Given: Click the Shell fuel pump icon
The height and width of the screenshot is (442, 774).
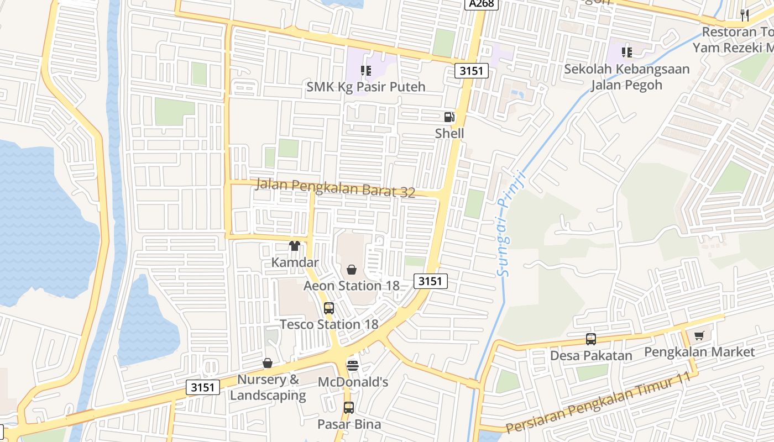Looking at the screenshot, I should (x=449, y=117).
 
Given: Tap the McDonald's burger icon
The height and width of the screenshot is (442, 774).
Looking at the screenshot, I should (x=353, y=365).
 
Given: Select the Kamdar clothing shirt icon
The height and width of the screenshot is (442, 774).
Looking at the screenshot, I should (x=295, y=246).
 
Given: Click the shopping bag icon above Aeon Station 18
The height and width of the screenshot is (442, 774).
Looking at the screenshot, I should (x=351, y=270).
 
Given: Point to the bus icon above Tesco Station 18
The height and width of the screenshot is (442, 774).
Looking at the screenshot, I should (x=329, y=308).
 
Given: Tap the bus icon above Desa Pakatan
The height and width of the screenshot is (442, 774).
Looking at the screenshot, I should (x=590, y=339).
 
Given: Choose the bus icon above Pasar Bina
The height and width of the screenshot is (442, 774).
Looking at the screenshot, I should (x=349, y=408).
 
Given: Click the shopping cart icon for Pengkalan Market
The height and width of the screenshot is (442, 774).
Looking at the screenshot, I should (x=699, y=335).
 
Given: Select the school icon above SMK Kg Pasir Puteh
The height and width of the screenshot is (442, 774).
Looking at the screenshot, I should (x=365, y=70).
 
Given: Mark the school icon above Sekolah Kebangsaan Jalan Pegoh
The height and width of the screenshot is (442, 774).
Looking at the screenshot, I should (x=626, y=52).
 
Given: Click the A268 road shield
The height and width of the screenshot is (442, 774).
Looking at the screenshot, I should (x=482, y=4).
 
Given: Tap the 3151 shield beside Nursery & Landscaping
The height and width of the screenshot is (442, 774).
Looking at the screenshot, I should (x=202, y=387).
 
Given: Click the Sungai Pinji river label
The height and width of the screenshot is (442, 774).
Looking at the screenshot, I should (x=509, y=223).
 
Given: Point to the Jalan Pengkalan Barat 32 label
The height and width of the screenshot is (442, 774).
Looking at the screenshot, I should (x=335, y=188).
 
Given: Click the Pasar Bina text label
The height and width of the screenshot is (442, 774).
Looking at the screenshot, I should (x=349, y=424).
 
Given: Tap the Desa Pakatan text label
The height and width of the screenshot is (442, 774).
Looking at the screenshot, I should (x=590, y=355).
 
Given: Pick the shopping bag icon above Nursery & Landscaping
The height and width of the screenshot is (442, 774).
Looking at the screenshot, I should (x=268, y=363).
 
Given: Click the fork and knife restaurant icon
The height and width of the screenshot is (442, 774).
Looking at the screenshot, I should (x=745, y=15).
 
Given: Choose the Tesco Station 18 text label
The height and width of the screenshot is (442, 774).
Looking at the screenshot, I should (x=329, y=324).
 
